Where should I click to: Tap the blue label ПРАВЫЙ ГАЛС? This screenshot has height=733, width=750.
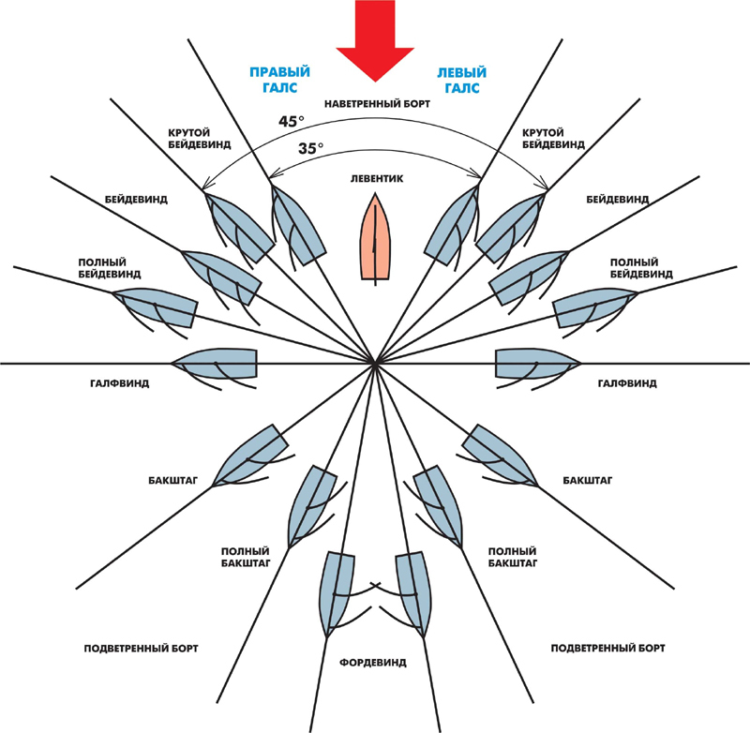279,80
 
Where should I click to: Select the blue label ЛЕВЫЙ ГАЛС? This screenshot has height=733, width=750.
461,80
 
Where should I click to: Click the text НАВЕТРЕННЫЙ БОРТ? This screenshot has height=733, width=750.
378,104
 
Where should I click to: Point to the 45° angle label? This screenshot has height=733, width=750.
292,122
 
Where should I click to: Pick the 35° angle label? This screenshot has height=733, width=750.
311,149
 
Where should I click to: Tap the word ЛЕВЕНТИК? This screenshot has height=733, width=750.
377,179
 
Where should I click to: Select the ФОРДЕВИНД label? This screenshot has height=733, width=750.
373,663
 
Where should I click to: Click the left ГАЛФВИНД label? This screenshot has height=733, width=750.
120,383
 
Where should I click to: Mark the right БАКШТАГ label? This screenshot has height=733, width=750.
588,480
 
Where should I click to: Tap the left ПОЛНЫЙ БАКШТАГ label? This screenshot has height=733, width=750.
246,557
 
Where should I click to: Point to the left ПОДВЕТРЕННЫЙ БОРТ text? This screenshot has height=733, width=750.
142,649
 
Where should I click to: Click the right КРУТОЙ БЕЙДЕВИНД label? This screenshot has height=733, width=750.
553,138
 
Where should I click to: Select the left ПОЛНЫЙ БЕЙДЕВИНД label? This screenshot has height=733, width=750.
110,268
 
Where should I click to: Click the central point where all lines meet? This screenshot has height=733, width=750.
376,364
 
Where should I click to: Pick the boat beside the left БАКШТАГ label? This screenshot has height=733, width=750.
250,456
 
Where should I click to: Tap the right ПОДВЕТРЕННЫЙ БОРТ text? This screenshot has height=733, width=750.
607,649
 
